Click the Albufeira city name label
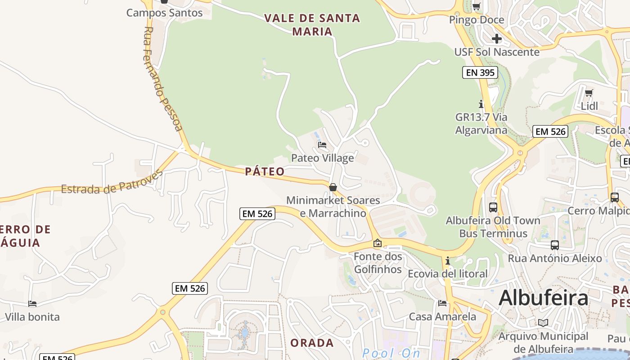[x=543, y=298]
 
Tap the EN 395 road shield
[x=480, y=72]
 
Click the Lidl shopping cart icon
[x=589, y=93]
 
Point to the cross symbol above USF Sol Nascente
[x=496, y=39]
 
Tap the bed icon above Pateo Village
[x=322, y=145]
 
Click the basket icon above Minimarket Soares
[x=333, y=187]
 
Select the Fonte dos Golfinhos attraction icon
[x=378, y=243]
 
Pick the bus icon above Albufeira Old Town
[x=493, y=207]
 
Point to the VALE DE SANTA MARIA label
[x=312, y=25]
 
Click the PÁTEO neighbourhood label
[x=265, y=171]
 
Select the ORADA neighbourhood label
[x=312, y=343]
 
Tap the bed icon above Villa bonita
[x=32, y=304]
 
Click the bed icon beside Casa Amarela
[x=442, y=303]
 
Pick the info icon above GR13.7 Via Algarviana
[x=481, y=104]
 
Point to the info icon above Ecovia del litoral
[x=447, y=261]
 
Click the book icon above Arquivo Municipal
[x=543, y=323]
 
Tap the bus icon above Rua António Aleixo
[x=555, y=245]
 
